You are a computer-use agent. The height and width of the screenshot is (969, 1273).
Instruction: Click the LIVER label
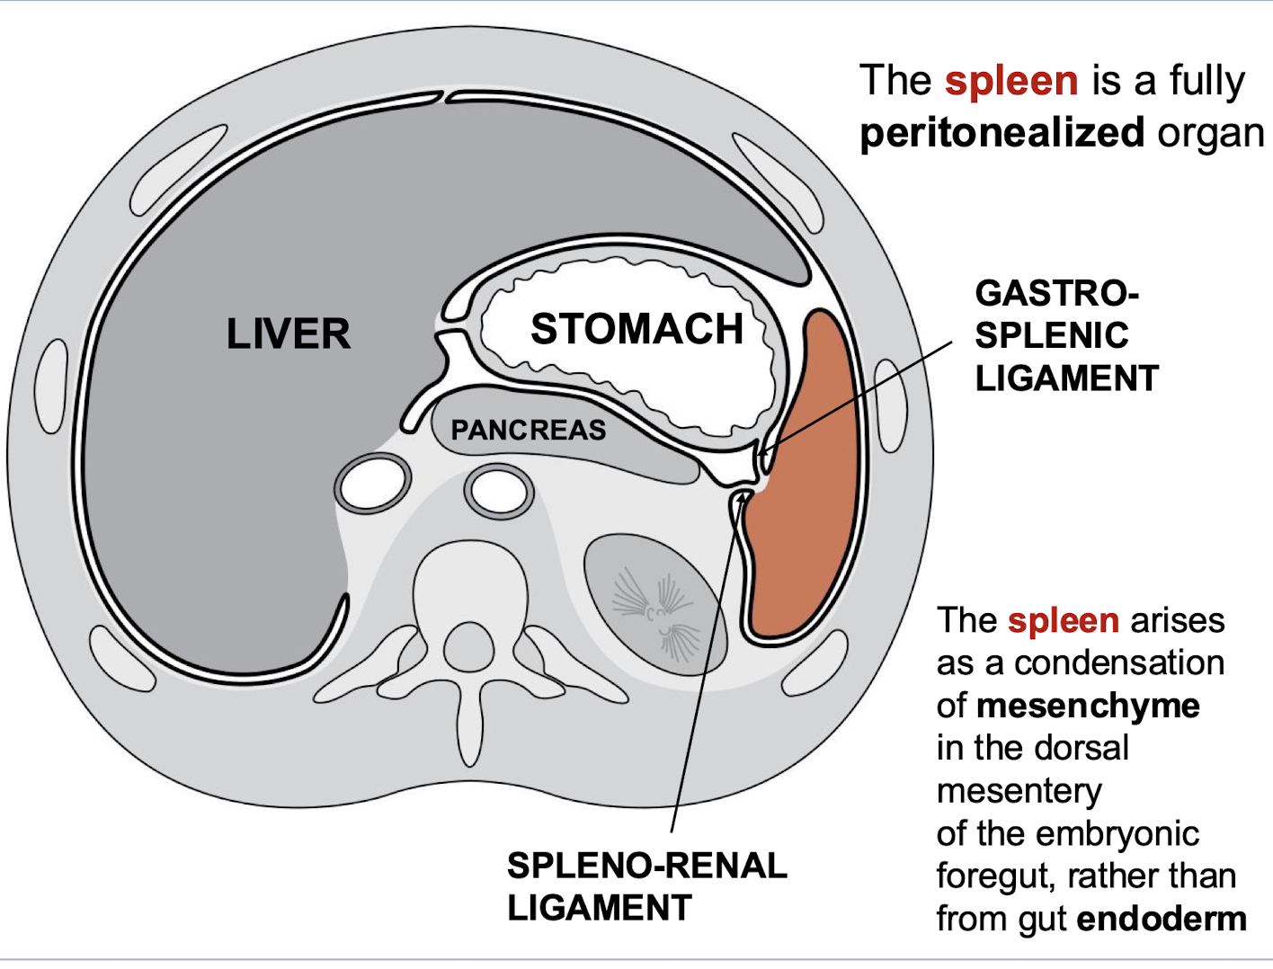tap(288, 333)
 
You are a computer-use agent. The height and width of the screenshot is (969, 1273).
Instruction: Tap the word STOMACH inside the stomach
tap(636, 329)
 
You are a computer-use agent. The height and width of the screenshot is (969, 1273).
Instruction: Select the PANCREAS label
tap(529, 431)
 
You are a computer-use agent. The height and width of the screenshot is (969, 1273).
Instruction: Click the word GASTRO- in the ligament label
tap(1056, 294)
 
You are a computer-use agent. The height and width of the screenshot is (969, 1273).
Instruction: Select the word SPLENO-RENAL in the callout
tap(646, 866)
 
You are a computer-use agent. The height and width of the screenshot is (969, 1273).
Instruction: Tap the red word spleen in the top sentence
tap(1011, 81)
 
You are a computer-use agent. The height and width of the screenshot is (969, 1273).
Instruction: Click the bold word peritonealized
tap(1001, 133)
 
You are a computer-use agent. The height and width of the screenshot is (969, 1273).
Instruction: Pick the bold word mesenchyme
tap(1088, 706)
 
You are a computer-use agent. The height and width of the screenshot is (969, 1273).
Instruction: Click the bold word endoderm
tap(1162, 919)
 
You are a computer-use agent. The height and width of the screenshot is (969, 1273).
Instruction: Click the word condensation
tap(1119, 663)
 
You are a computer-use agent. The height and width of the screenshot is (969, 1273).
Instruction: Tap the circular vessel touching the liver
tap(372, 485)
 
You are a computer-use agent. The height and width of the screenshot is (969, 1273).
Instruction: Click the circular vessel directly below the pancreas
tap(498, 492)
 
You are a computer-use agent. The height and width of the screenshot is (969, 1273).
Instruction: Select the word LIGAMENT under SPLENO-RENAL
tap(599, 908)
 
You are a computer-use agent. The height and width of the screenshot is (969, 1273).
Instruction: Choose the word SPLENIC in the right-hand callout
tap(1052, 336)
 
